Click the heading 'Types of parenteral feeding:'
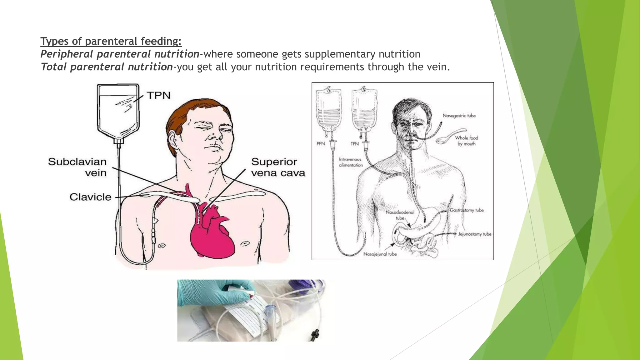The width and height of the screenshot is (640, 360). coord(111,41)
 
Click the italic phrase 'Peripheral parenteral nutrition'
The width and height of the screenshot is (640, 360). coord(120,54)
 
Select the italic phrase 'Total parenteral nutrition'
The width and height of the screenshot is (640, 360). coord(107,67)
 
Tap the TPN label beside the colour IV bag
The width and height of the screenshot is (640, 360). coord(159,95)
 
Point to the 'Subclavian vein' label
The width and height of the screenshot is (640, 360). coord(77,167)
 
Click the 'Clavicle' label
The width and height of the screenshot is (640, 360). coord(90,197)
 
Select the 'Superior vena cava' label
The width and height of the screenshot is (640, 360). coord(278,167)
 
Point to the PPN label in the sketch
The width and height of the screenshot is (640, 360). coord(321,144)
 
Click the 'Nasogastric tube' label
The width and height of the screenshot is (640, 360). coord(459,116)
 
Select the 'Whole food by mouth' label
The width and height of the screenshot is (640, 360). coord(466,141)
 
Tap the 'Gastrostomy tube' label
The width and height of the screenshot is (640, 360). coord(467,210)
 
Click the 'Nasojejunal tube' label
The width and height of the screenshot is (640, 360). coord(380,254)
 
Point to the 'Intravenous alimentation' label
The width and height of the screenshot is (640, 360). coord(351,162)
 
